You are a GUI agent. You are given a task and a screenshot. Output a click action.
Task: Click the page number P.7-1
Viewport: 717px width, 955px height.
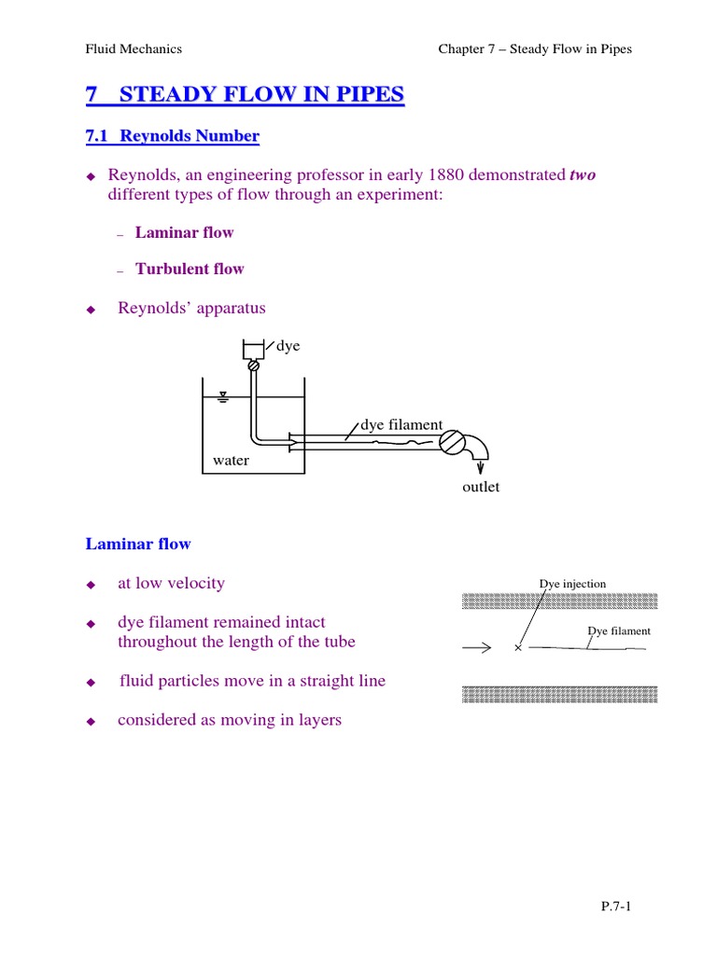click(x=616, y=906)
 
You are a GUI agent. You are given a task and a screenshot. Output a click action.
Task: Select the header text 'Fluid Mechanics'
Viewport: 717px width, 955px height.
click(x=134, y=48)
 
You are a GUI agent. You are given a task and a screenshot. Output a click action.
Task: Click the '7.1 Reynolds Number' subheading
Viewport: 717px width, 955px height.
click(x=173, y=136)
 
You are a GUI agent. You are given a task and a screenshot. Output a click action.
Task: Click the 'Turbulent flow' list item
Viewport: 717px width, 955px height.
click(x=190, y=269)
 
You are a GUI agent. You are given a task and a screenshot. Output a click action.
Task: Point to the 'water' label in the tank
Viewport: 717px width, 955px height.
click(x=231, y=460)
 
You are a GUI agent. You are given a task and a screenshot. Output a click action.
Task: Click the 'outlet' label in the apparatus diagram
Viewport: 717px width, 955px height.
click(x=481, y=487)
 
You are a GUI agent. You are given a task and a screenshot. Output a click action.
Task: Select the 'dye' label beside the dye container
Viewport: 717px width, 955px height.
click(x=288, y=346)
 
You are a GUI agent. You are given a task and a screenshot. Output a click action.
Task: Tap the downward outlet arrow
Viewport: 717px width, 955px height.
click(x=481, y=467)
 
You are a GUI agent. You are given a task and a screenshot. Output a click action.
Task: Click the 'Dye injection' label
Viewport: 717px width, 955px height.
click(x=572, y=584)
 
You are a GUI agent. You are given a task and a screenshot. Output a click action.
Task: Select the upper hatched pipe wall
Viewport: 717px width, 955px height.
click(x=560, y=601)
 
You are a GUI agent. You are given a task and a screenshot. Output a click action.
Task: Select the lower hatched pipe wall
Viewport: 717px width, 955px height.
click(x=560, y=694)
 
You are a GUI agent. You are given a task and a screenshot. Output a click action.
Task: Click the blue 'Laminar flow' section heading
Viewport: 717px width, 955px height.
click(x=138, y=544)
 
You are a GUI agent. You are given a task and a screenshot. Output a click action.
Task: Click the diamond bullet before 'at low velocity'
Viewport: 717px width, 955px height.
click(x=91, y=585)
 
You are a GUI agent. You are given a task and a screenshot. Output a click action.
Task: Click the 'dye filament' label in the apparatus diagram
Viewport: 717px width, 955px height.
click(x=401, y=425)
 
